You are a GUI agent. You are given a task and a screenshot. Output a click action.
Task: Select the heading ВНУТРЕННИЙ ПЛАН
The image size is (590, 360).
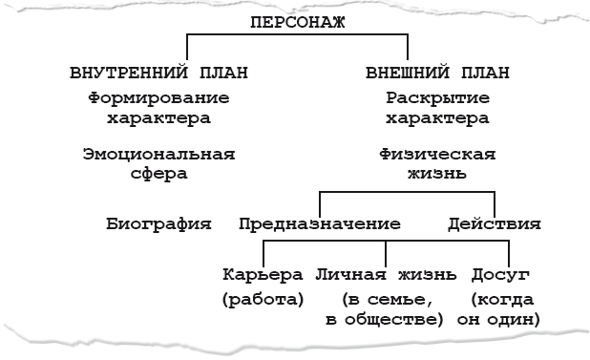click(159, 73)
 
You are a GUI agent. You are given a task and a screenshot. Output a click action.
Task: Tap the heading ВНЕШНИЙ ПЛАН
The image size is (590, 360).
click(438, 73)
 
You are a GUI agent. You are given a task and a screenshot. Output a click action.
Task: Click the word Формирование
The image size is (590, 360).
click(158, 97)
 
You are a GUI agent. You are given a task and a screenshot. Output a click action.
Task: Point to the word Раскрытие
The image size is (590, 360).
click(438, 97)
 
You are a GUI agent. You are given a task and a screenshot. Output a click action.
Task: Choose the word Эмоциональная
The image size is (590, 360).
click(158, 153)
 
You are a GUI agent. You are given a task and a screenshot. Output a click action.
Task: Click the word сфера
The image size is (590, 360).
click(158, 174)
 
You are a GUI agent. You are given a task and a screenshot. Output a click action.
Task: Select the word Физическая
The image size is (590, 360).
click(437, 153)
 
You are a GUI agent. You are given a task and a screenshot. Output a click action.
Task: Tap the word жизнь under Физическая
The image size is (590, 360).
click(437, 174)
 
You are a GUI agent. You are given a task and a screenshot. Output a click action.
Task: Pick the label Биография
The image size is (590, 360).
click(158, 225)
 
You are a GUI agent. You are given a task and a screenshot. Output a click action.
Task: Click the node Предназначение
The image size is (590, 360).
click(319, 225)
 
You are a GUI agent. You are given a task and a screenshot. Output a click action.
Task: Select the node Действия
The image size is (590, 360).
click(495, 225)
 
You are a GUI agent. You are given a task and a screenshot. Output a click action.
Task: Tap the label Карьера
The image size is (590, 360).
click(263, 276)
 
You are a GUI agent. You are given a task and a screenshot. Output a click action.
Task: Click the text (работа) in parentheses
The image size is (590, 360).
click(263, 299)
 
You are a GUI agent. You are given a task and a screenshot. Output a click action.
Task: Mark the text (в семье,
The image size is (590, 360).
click(385, 299)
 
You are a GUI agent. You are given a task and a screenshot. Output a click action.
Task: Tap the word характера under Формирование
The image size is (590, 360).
click(158, 119)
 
